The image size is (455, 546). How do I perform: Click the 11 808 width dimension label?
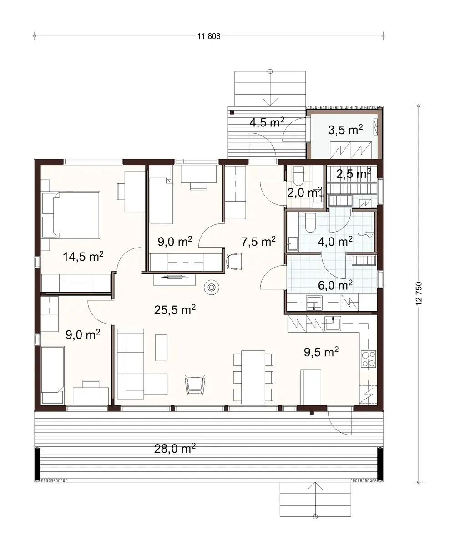click(209, 36)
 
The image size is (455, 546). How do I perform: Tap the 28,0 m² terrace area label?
click(175, 450)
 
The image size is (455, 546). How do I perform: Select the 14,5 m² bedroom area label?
click(83, 257)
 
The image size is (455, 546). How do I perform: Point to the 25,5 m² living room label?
click(175, 310)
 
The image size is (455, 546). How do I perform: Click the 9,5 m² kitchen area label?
click(321, 351)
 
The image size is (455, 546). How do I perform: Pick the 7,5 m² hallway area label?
click(258, 242)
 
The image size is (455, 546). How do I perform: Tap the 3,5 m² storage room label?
click(345, 130)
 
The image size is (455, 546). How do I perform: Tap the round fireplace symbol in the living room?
click(212, 287)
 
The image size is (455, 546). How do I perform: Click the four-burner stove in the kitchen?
click(368, 359)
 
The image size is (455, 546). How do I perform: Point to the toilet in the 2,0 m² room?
click(298, 175)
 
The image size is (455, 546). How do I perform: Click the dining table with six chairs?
click(253, 377)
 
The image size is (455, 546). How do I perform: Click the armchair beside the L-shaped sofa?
click(195, 384)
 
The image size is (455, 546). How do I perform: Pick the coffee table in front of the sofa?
click(162, 347)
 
